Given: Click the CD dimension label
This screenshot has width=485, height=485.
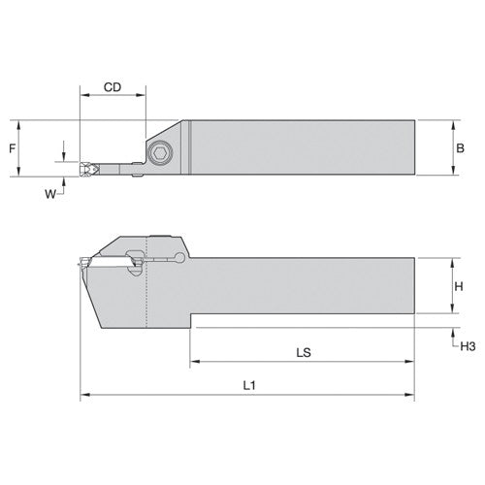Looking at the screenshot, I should pyautogui.click(x=112, y=87).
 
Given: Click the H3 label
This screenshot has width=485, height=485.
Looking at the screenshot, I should pyautogui.click(x=467, y=345).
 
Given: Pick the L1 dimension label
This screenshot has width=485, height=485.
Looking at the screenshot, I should pyautogui.click(x=248, y=384).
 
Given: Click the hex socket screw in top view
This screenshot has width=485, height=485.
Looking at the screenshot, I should pyautogui.click(x=159, y=150).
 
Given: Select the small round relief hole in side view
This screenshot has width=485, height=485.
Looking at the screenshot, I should pyautogui.click(x=183, y=257).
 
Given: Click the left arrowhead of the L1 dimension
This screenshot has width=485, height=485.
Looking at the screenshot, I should pyautogui.click(x=82, y=396).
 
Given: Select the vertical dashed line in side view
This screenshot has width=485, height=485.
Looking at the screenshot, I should pyautogui.click(x=145, y=281).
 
